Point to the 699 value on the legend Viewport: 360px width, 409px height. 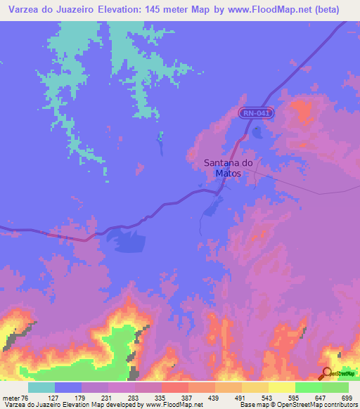point(347,397)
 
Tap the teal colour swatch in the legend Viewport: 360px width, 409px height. point(41,387)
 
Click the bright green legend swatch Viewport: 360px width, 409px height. point(309,387)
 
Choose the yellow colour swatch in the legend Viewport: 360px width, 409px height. point(282,387)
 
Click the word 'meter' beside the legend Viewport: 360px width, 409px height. point(10,397)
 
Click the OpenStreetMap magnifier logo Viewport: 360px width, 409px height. point(326,373)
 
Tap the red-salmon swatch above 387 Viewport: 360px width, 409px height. point(175,387)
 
